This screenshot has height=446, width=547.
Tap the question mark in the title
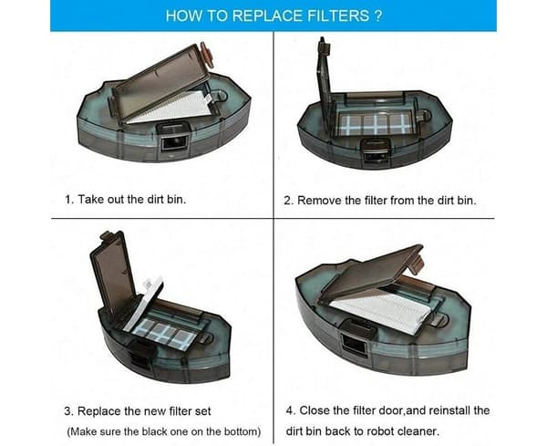click(378, 16)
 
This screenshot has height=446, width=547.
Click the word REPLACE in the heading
click(267, 16)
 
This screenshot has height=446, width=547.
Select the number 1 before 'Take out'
click(68, 200)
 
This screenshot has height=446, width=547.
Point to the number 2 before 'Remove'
click(288, 201)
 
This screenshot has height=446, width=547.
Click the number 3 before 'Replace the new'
click(68, 411)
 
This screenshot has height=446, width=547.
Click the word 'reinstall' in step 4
click(449, 410)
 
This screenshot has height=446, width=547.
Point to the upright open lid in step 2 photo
click(325, 86)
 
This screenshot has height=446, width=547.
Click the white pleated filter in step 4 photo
click(383, 311)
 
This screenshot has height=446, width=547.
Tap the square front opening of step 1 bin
click(173, 143)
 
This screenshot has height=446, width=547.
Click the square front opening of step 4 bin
click(354, 344)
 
